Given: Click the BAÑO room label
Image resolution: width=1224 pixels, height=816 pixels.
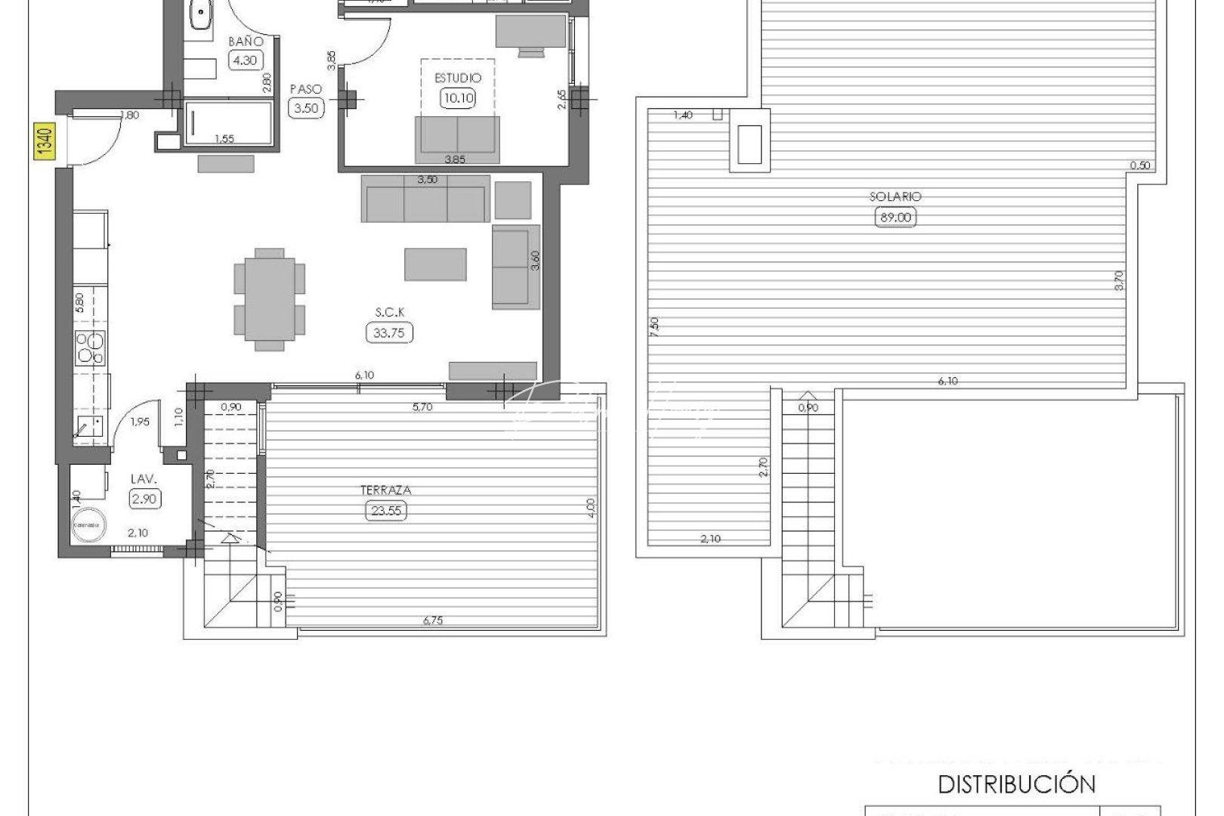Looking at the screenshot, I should [246, 42].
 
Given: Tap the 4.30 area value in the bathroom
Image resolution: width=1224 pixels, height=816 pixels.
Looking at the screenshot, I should [246, 60].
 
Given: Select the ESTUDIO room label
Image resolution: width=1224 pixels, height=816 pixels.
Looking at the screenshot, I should [457, 78].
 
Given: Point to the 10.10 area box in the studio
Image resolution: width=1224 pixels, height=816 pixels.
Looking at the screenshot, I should [457, 97].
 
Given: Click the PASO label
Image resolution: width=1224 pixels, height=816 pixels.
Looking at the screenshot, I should [306, 89].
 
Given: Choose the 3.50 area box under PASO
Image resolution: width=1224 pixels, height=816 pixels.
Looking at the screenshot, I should [306, 108].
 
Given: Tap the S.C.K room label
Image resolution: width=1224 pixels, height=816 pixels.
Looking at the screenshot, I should [390, 312].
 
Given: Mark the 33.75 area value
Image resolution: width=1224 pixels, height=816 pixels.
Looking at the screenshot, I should [390, 332].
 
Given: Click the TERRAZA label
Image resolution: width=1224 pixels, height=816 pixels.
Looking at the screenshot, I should [386, 490].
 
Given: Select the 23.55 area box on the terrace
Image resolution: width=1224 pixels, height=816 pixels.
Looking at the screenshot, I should [386, 511].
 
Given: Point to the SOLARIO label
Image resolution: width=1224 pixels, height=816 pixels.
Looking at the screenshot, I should [895, 196].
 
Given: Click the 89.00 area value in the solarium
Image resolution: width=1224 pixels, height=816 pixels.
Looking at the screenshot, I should [895, 218].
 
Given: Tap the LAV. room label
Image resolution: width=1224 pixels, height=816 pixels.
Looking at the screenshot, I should [144, 478].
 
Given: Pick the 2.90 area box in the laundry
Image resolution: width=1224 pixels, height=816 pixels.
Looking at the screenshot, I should [144, 499].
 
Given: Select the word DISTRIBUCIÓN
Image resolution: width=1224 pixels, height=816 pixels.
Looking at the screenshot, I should [1016, 784].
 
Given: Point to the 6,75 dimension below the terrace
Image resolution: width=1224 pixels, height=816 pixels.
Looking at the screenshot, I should [433, 620].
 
